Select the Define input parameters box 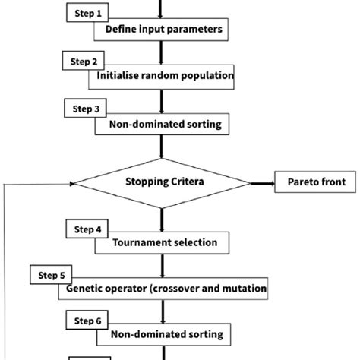(x=159, y=31)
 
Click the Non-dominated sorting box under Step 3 (x=161, y=125)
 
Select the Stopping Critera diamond (x=161, y=182)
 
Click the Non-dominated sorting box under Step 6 (x=161, y=334)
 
